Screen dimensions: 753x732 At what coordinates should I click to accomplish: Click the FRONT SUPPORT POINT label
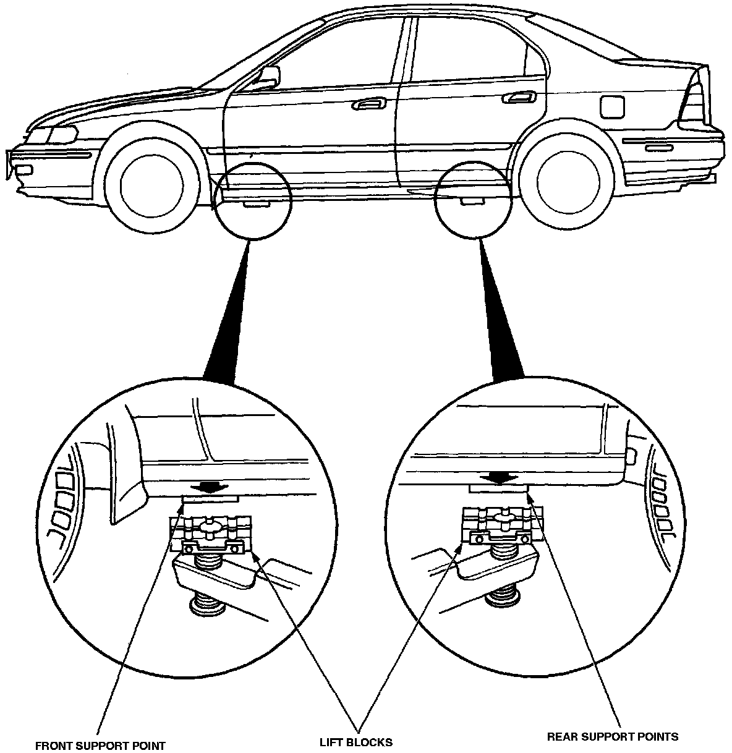pyautogui.click(x=100, y=745)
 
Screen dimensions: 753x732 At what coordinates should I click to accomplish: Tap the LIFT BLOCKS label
pyautogui.click(x=355, y=742)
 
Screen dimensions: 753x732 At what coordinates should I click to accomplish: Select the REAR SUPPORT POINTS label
pyautogui.click(x=613, y=736)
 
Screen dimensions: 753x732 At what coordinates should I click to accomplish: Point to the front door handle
pyautogui.click(x=366, y=105)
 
